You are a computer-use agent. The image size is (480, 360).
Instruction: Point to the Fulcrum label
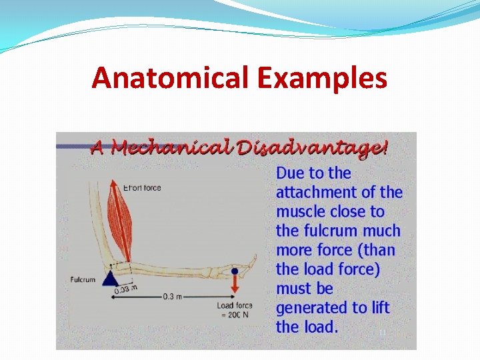click(x=83, y=280)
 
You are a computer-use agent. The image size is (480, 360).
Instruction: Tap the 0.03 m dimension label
click(x=126, y=289)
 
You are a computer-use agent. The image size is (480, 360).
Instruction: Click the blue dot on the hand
click(x=235, y=271)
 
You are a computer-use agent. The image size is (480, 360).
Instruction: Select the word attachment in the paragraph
click(x=315, y=192)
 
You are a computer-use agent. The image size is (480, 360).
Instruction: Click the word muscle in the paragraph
click(x=298, y=211)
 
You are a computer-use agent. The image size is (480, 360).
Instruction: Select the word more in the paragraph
click(x=293, y=250)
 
